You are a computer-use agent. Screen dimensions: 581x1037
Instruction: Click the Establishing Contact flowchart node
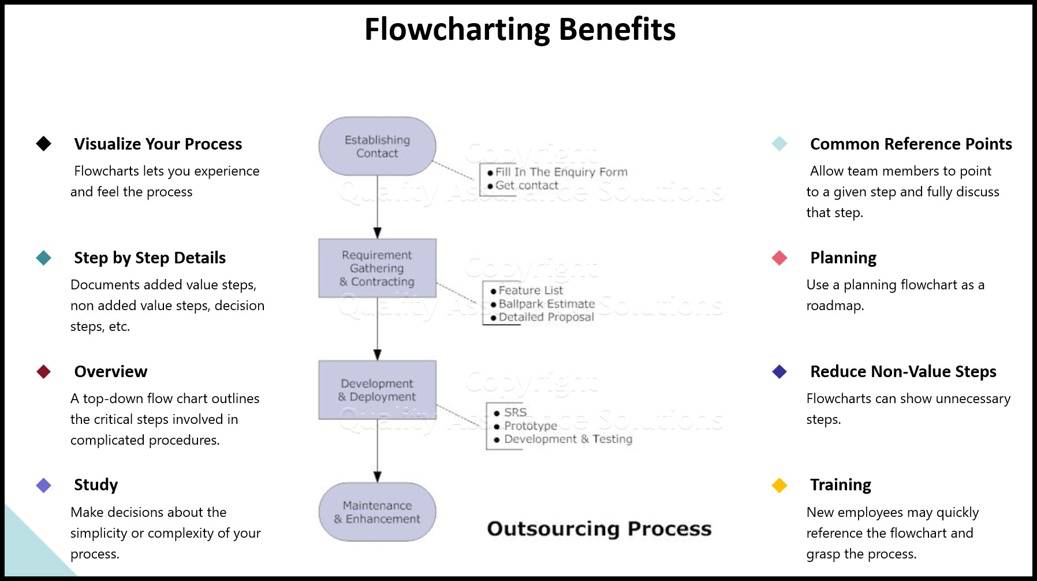click(x=377, y=147)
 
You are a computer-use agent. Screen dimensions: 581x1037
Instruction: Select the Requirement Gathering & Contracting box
click(x=377, y=268)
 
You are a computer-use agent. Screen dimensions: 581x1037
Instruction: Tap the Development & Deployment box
click(x=377, y=390)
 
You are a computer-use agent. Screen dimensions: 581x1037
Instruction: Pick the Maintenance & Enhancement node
click(x=377, y=512)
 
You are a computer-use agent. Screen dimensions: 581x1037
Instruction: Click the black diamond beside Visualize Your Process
click(x=44, y=144)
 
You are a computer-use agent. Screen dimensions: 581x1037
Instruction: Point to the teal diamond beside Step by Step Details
click(x=44, y=258)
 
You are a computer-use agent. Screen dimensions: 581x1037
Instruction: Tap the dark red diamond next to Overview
click(x=44, y=371)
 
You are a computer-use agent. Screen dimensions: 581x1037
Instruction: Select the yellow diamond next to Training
click(x=779, y=485)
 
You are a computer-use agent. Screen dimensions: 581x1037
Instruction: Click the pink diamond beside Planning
click(x=779, y=258)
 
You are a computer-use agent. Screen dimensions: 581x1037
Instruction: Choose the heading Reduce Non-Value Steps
click(x=903, y=371)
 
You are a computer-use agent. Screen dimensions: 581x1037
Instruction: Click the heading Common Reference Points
click(x=911, y=144)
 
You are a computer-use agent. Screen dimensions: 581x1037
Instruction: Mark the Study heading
click(x=96, y=485)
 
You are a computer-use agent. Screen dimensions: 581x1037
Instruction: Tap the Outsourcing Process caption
click(x=599, y=528)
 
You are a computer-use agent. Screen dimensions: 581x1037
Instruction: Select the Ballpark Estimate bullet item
click(x=546, y=304)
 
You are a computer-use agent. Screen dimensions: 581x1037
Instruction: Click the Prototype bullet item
click(x=530, y=426)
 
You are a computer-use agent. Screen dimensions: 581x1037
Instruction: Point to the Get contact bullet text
click(x=526, y=185)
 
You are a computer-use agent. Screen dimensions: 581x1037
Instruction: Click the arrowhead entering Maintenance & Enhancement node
click(x=377, y=476)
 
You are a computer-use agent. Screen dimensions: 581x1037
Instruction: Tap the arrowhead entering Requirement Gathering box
click(x=377, y=233)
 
